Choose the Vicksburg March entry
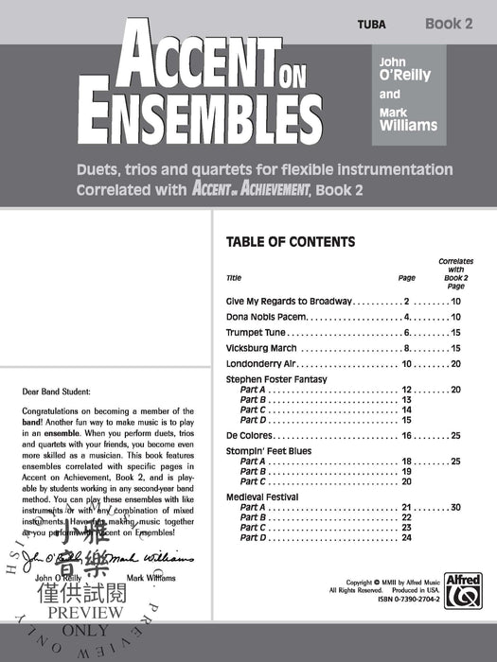(262, 348)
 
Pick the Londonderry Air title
(261, 364)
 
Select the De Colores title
(249, 435)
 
